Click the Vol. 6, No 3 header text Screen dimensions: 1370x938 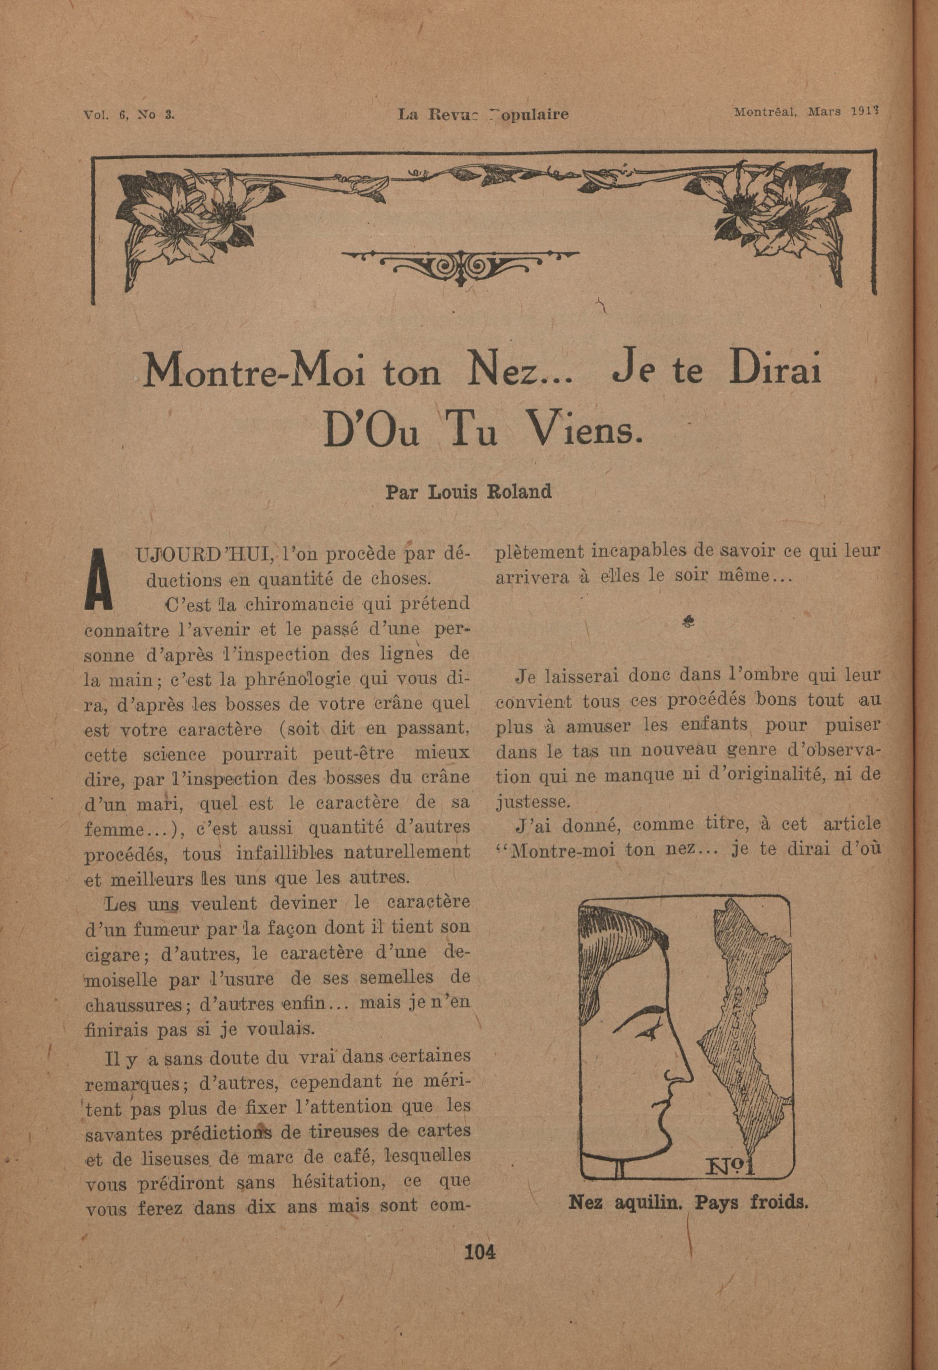coord(129,115)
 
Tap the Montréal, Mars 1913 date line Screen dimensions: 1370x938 coord(806,112)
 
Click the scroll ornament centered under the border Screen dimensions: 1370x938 coord(459,265)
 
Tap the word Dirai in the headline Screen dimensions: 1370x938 coord(775,371)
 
